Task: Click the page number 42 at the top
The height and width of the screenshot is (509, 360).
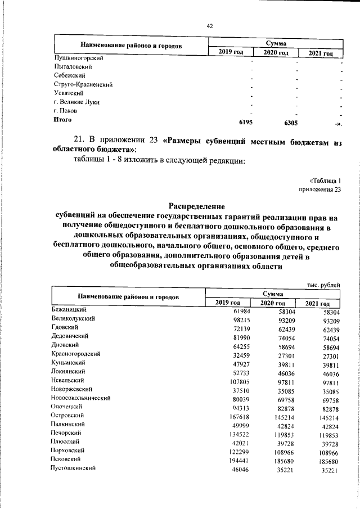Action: pos(209,26)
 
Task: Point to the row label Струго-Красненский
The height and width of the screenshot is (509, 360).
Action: pos(81,84)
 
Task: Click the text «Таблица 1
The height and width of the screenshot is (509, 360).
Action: pos(325,180)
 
